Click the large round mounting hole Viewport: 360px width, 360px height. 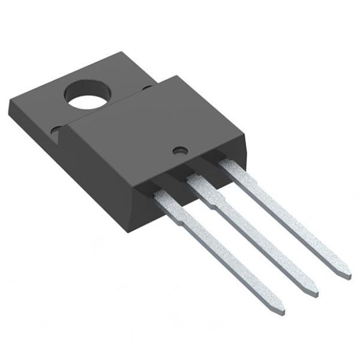pos(89,95)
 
